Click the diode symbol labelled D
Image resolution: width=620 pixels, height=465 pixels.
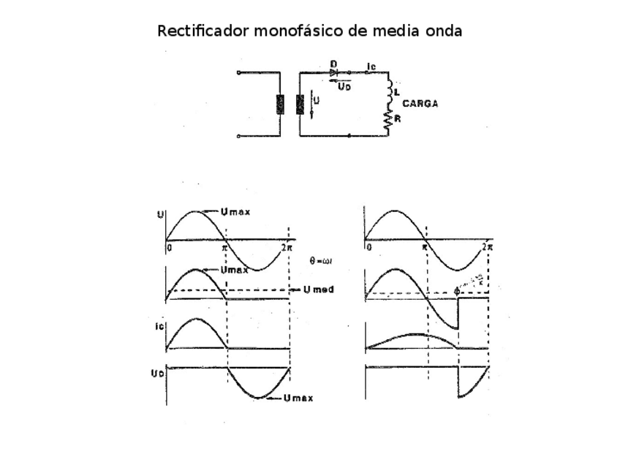tap(334, 72)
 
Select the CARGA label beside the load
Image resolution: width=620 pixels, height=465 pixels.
tap(420, 104)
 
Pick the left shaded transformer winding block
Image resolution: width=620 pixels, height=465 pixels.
tap(279, 105)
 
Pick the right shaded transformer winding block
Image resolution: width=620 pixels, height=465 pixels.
tap(300, 105)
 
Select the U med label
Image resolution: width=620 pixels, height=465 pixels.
tap(320, 290)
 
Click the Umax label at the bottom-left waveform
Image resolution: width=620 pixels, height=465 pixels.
tap(298, 398)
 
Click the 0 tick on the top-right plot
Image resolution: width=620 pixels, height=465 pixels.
tap(368, 247)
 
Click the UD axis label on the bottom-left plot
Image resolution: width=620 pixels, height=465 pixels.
tap(157, 373)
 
